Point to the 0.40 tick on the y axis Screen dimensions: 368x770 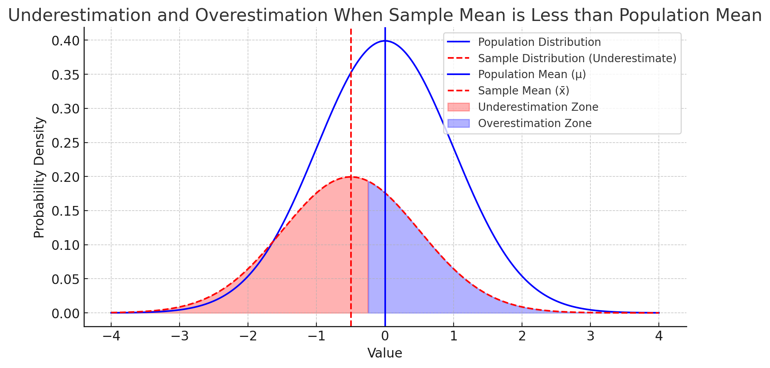click(x=66, y=40)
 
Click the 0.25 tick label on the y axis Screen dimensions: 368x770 click(x=66, y=143)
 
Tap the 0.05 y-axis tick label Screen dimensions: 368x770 click(x=66, y=279)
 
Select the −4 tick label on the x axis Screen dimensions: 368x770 click(x=111, y=336)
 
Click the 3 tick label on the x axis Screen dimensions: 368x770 click(x=590, y=336)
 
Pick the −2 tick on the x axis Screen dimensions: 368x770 click(x=248, y=336)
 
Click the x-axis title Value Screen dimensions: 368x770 click(x=385, y=353)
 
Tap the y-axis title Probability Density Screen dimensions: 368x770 click(x=39, y=177)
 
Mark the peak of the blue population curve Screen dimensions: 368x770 click(x=385, y=40)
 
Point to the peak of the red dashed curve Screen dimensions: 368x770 click(x=351, y=177)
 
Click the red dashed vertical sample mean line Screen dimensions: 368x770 click(x=351, y=117)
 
